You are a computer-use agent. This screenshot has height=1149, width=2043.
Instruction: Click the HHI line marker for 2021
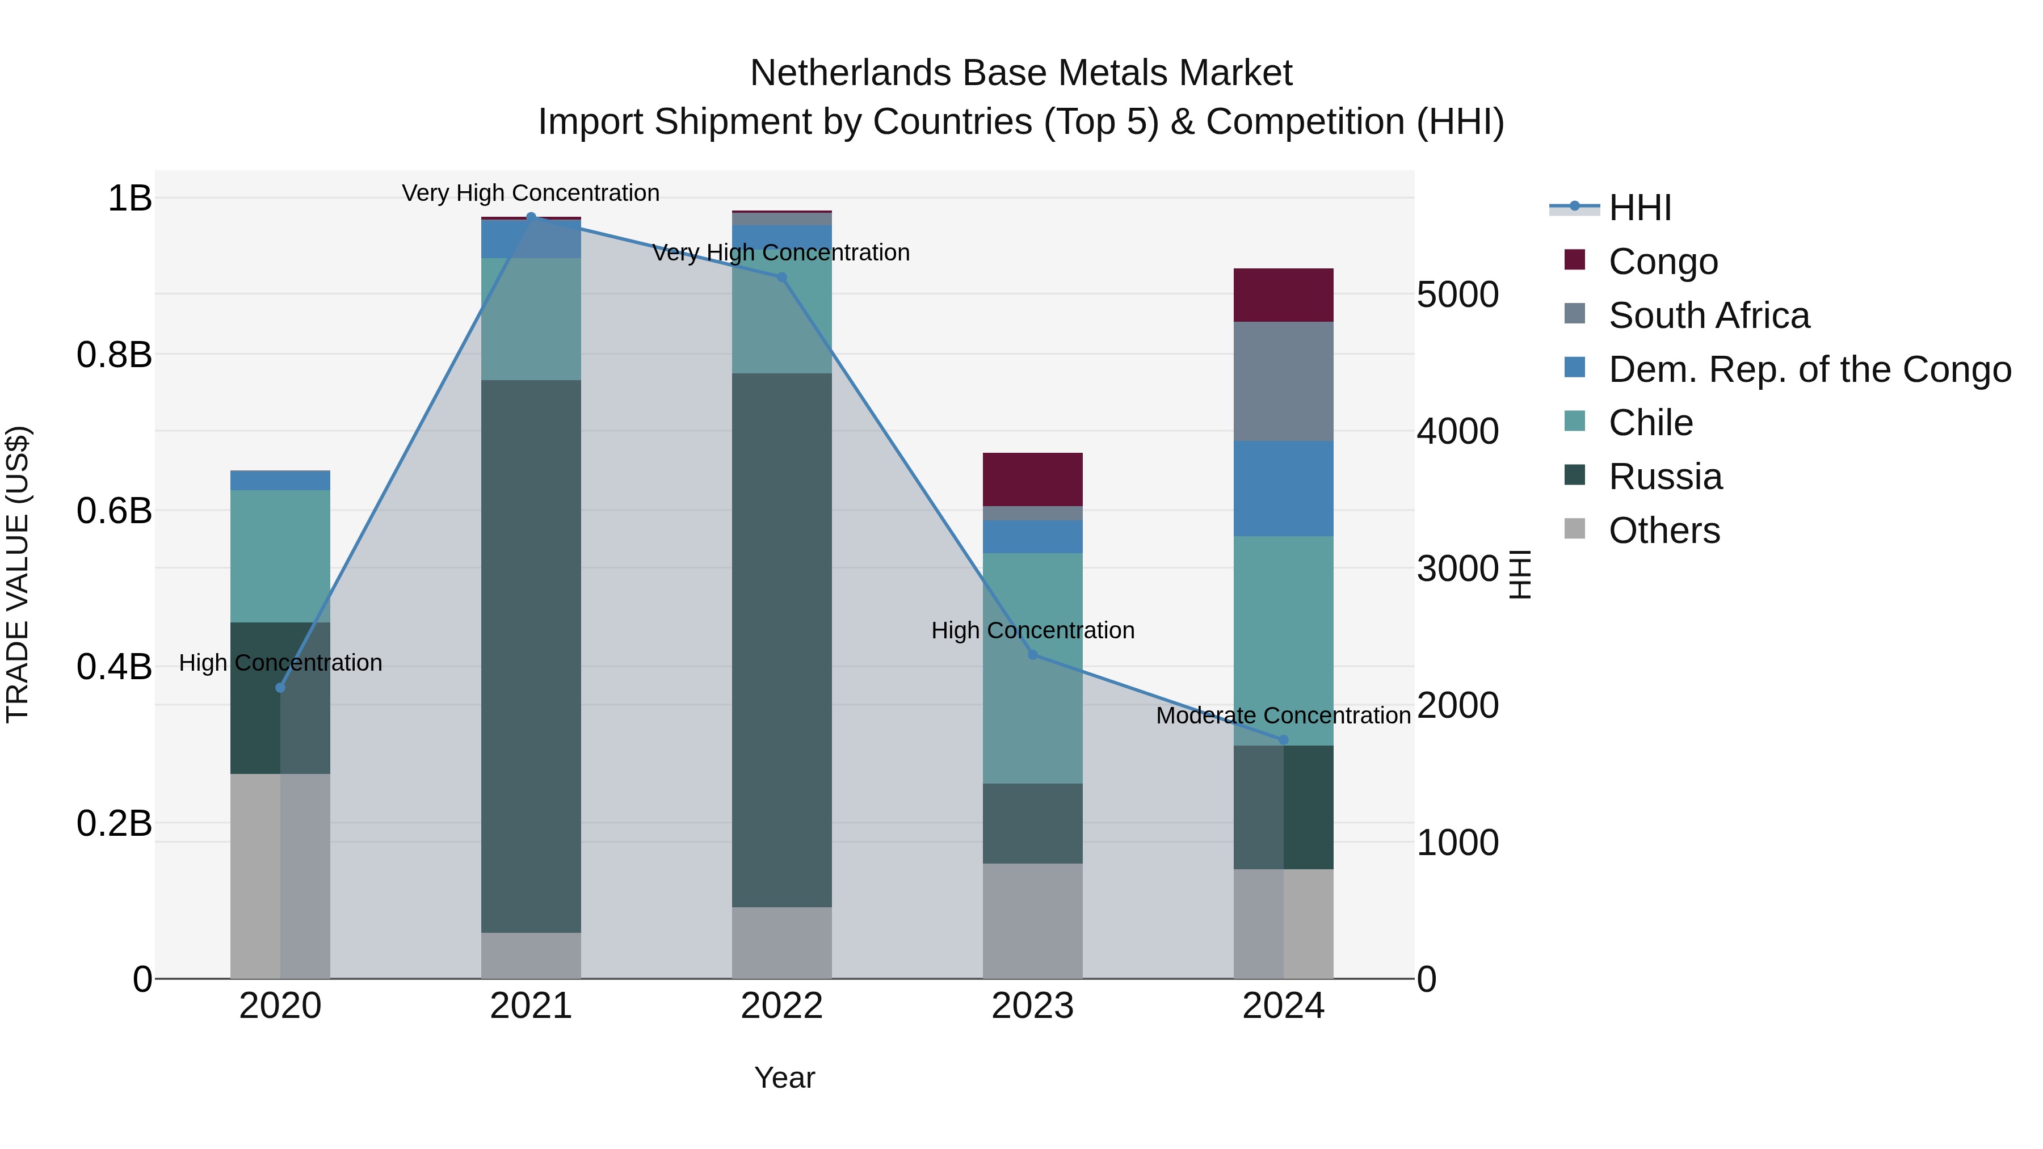[x=531, y=217]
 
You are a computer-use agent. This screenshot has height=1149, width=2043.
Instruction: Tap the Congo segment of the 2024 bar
[x=1283, y=295]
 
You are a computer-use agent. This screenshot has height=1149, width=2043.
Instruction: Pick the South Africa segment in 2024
[x=1283, y=381]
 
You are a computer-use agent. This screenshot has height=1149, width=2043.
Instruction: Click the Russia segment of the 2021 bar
[x=531, y=656]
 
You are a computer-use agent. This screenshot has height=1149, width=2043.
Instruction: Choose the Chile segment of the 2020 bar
[x=280, y=556]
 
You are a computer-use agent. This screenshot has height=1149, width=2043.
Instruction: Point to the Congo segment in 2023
[x=1033, y=479]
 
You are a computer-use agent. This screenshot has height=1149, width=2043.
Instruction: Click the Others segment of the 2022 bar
[x=781, y=943]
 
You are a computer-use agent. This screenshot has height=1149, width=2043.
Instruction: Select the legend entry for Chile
[x=1650, y=423]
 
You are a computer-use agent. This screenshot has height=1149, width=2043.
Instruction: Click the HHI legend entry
[x=1640, y=208]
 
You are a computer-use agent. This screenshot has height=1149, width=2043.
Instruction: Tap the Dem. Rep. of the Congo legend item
[x=1809, y=369]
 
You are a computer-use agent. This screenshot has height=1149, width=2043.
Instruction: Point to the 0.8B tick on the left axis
[x=114, y=355]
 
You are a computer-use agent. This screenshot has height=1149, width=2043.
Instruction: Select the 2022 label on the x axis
[x=781, y=1006]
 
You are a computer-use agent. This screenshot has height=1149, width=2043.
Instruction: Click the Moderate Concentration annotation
[x=1283, y=716]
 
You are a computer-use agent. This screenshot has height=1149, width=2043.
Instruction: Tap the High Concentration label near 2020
[x=280, y=663]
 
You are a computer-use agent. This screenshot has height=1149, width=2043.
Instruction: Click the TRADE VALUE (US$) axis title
[x=18, y=574]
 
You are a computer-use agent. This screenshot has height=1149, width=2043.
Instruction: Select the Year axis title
[x=784, y=1078]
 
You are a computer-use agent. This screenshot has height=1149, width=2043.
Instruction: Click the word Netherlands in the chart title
[x=851, y=73]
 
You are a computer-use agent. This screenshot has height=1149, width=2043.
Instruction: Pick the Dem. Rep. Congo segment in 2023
[x=1033, y=537]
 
